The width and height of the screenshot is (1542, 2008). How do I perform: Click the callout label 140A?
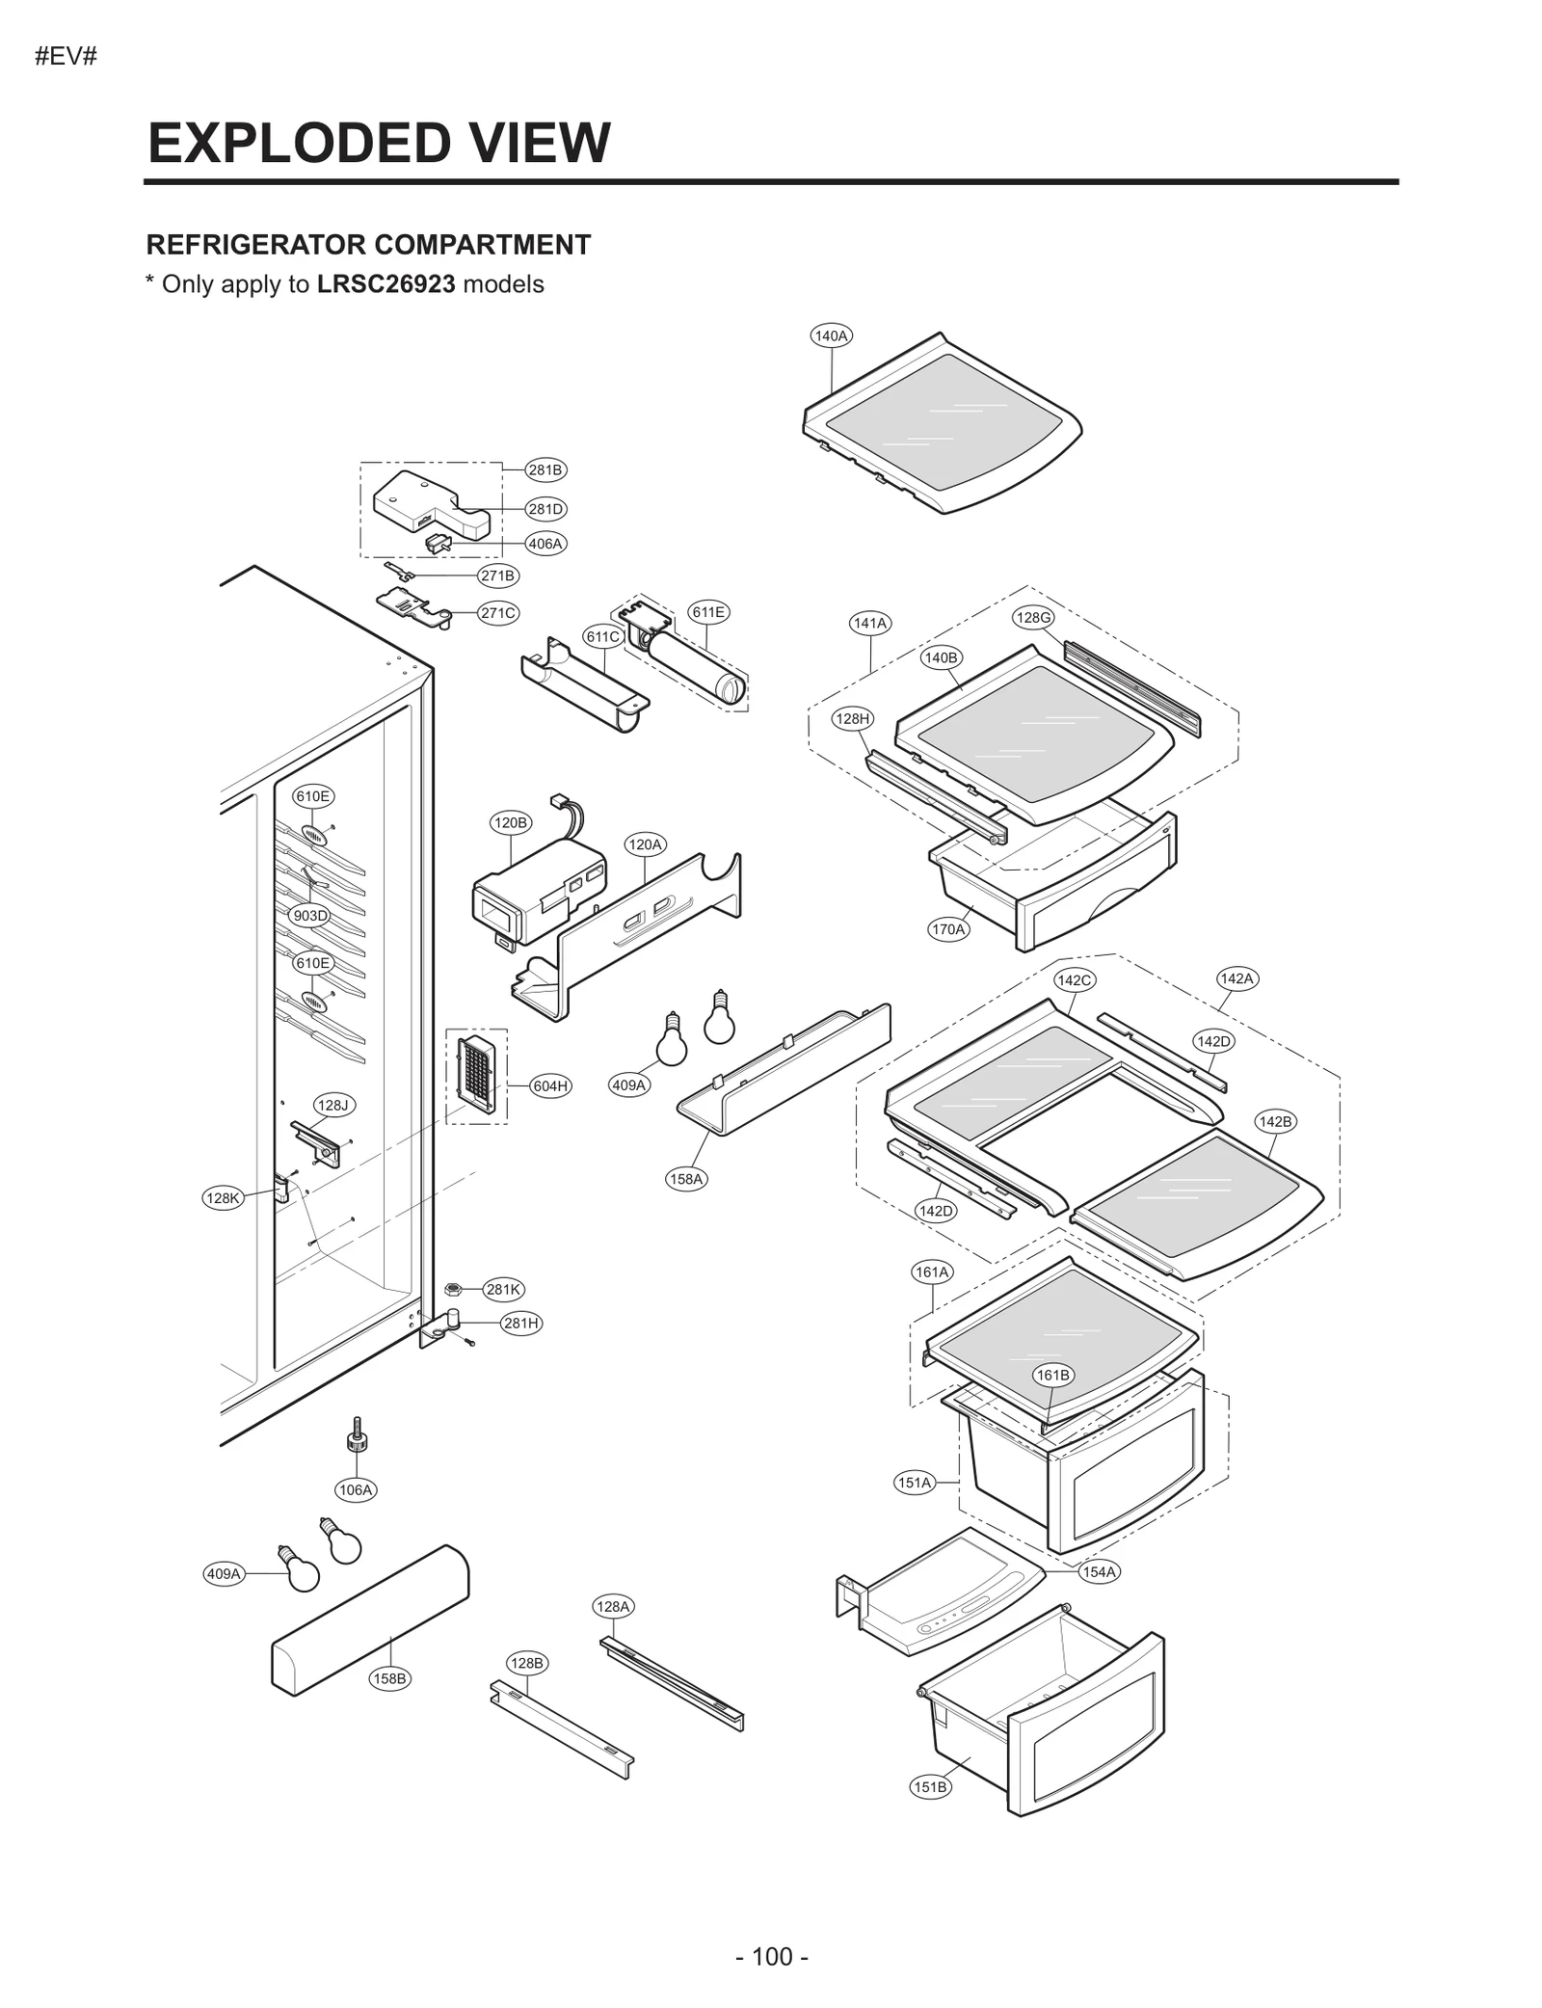click(831, 336)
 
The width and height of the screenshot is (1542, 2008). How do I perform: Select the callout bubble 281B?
click(545, 470)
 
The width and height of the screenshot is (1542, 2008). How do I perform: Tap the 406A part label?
click(545, 544)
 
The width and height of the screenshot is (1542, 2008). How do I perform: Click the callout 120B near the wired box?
click(510, 822)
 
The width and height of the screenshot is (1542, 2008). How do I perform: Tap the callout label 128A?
click(613, 1606)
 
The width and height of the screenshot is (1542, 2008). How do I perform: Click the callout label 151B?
click(930, 1786)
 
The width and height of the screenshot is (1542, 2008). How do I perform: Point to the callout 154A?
click(1099, 1572)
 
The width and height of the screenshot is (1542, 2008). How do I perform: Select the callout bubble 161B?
click(1052, 1375)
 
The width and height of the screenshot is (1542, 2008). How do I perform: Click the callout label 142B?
click(1275, 1121)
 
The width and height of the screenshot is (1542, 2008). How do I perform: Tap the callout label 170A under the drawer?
click(948, 929)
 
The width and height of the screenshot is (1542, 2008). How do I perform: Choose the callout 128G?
click(1033, 618)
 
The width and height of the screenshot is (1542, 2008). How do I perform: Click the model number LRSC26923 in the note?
click(385, 284)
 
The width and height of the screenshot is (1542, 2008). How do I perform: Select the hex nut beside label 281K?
click(452, 1289)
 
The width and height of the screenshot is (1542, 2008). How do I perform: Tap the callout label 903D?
click(310, 916)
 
